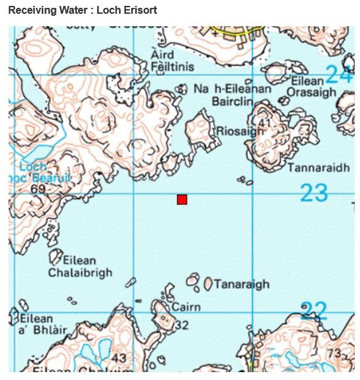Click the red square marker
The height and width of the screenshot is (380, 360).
(x=182, y=199)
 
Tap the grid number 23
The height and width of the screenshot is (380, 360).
(x=313, y=193)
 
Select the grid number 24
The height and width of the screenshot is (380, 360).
(x=339, y=75)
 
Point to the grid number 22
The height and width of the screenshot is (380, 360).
(x=313, y=310)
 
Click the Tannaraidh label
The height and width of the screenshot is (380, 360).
(x=319, y=168)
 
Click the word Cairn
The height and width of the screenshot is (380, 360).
(x=186, y=307)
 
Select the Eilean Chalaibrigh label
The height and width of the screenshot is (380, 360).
(x=80, y=266)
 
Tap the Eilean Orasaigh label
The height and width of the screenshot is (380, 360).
(x=311, y=86)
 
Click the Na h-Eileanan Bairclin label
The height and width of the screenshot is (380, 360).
(x=232, y=95)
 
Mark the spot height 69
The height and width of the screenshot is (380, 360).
(x=38, y=189)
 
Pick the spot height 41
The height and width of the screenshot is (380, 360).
(x=264, y=123)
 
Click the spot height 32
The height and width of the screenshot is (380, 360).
(x=182, y=325)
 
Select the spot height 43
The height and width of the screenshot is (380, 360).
(x=118, y=358)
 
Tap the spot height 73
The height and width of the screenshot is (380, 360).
(x=334, y=354)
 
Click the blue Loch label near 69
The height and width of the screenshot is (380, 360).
(x=33, y=167)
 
